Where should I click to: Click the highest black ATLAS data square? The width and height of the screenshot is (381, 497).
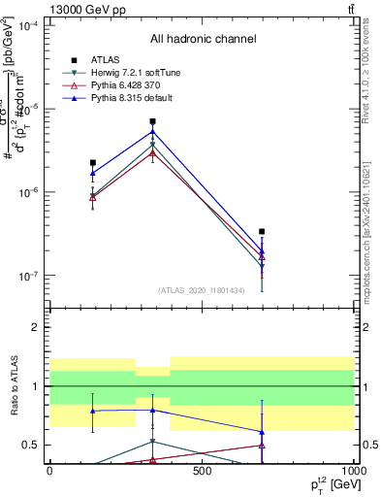[x=153, y=121]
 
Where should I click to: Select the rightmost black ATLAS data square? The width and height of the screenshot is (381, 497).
[x=262, y=232]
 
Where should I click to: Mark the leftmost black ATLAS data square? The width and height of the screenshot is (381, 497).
[x=92, y=163]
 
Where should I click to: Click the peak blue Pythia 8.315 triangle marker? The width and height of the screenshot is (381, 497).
[x=153, y=132]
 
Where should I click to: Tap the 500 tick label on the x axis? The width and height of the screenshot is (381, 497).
[x=202, y=472]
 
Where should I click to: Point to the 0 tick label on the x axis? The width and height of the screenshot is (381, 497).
[x=49, y=472]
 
